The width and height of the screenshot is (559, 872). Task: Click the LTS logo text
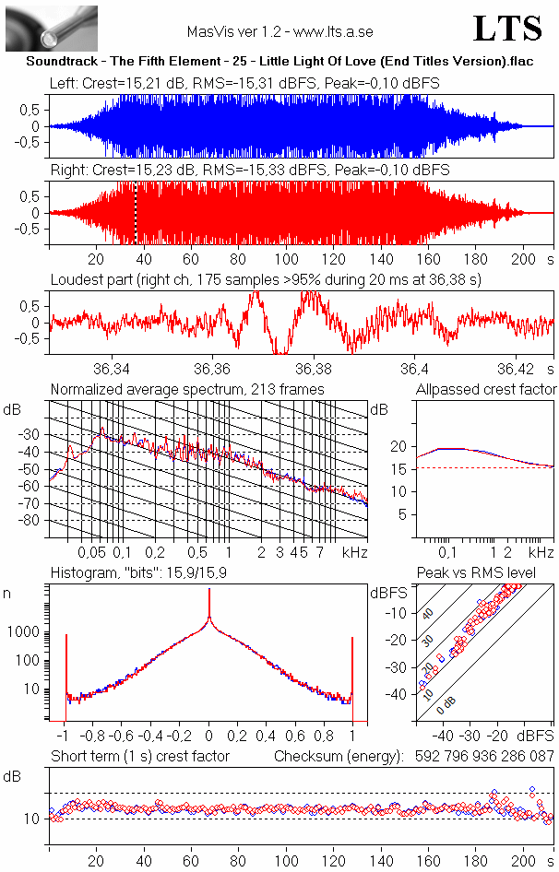coord(507,29)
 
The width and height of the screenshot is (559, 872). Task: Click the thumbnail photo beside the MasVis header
coord(52,28)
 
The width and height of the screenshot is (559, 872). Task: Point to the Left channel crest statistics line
coord(244,83)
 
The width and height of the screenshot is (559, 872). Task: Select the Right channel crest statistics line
coord(249,171)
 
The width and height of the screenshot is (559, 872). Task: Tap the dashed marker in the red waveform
coord(136,213)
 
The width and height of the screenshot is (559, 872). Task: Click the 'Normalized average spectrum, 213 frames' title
coord(187,390)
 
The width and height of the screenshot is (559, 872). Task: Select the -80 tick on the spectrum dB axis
coord(34,521)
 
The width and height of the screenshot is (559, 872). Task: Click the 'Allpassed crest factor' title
coord(486,390)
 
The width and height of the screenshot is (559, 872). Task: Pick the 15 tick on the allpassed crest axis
coord(400,468)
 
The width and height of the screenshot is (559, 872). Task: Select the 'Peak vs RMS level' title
coord(489,574)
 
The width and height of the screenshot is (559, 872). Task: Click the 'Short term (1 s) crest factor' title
coord(139,757)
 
